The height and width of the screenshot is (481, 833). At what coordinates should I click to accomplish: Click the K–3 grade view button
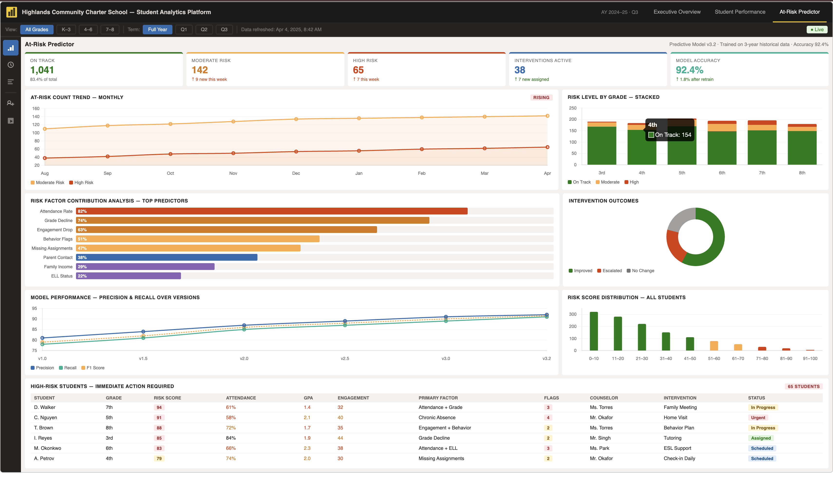pyautogui.click(x=66, y=29)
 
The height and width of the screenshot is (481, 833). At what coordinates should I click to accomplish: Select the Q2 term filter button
pyautogui.click(x=204, y=29)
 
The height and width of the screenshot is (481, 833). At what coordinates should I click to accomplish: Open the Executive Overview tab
pyautogui.click(x=677, y=12)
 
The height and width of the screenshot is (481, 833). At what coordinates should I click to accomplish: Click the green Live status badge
pyautogui.click(x=817, y=29)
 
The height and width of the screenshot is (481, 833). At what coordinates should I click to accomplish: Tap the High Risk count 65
pyautogui.click(x=358, y=70)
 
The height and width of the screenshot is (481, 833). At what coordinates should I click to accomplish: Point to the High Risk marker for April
pyautogui.click(x=547, y=147)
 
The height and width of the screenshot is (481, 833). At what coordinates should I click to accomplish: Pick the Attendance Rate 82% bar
pyautogui.click(x=271, y=211)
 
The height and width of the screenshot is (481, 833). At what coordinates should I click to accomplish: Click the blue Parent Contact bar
pyautogui.click(x=167, y=257)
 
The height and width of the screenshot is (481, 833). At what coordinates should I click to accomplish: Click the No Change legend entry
pyautogui.click(x=640, y=271)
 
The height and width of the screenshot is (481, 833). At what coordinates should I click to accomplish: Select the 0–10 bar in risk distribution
pyautogui.click(x=594, y=331)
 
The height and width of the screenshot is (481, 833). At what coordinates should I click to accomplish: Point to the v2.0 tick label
pyautogui.click(x=244, y=358)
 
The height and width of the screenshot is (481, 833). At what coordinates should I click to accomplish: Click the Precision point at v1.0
pyautogui.click(x=42, y=338)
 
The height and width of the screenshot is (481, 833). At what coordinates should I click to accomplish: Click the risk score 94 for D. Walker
pyautogui.click(x=159, y=407)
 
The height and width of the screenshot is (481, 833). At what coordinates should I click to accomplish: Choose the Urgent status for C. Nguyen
pyautogui.click(x=758, y=417)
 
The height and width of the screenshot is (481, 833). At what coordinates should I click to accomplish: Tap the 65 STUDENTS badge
pyautogui.click(x=803, y=386)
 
